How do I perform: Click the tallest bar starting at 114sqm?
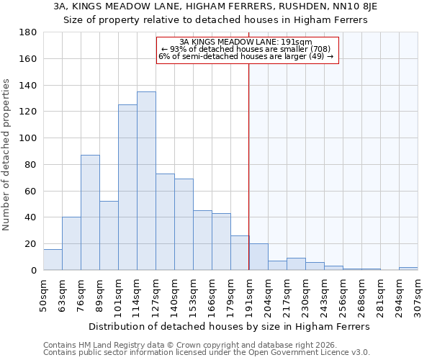(146, 181)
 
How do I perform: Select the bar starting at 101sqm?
(127, 187)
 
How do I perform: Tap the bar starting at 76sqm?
(90, 212)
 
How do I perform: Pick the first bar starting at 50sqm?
(53, 260)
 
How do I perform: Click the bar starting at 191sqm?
(258, 257)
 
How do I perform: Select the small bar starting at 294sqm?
(408, 269)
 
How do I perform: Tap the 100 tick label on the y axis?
(29, 138)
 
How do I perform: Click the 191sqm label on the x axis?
(249, 295)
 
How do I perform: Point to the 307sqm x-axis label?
(418, 295)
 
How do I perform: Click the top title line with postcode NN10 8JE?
(216, 6)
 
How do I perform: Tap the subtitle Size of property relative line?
(216, 20)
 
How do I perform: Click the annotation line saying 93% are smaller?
(247, 49)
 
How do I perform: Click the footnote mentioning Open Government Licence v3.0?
(207, 352)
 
